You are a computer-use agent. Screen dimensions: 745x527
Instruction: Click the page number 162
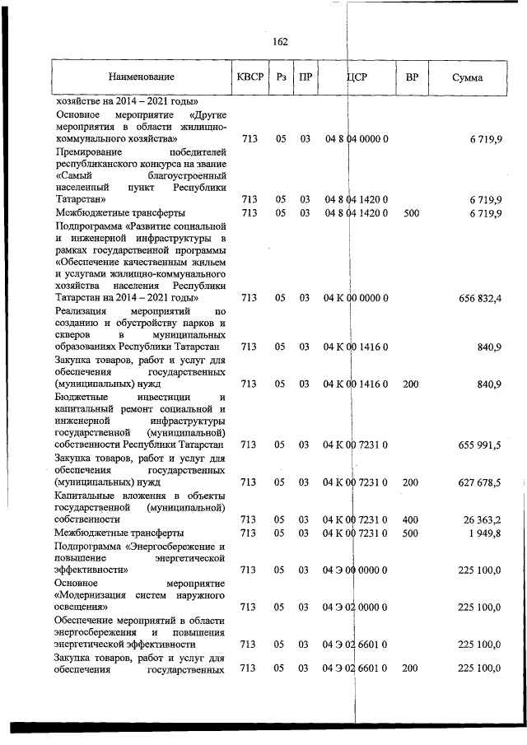click(278, 42)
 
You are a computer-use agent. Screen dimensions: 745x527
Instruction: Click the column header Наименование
click(141, 77)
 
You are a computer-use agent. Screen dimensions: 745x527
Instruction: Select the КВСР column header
click(250, 77)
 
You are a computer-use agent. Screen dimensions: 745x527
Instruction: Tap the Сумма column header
click(467, 77)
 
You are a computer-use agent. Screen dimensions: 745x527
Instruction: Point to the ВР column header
click(412, 77)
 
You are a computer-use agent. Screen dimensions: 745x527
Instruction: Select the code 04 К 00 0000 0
click(356, 298)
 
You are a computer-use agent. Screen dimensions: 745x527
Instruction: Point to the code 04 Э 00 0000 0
click(356, 569)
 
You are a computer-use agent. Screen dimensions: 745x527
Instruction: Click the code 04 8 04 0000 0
click(356, 139)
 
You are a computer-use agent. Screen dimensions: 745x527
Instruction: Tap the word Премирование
click(89, 152)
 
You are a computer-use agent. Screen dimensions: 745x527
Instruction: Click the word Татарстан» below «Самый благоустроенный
click(80, 200)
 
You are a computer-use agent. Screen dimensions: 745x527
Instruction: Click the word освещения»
click(82, 608)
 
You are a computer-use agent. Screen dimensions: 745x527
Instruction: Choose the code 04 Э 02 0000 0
click(356, 608)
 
